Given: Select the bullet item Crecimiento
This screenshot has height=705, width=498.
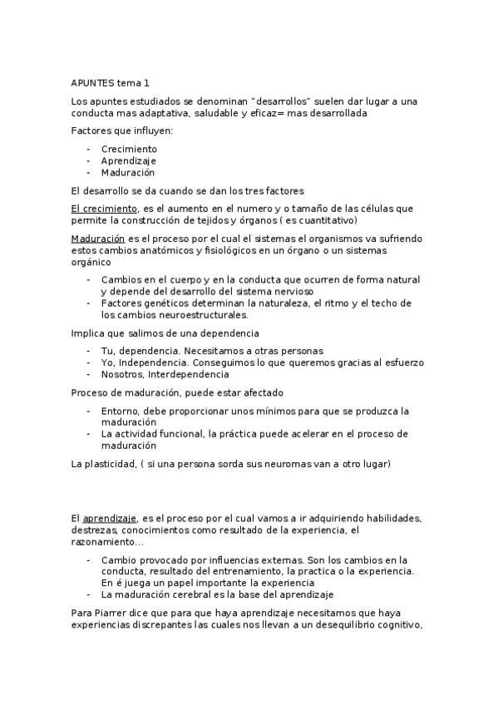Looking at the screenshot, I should tap(129, 149).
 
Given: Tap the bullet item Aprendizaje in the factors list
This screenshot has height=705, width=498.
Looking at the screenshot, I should tap(128, 160).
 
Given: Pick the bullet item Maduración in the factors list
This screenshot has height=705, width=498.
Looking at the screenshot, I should tap(128, 172).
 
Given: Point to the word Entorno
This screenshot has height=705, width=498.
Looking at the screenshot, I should tap(120, 411).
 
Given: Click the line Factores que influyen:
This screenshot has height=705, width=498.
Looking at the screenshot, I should tap(122, 131).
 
